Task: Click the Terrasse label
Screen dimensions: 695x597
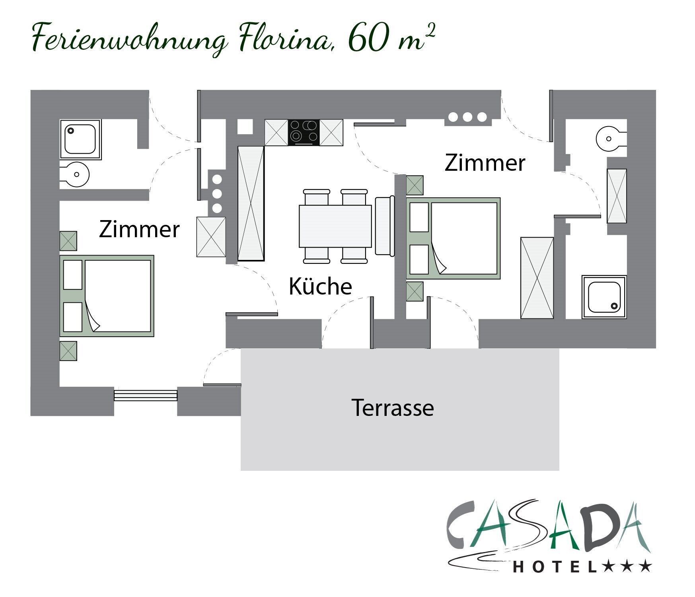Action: point(393,408)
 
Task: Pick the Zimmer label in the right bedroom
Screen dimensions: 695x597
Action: point(485,163)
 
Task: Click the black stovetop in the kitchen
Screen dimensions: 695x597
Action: point(304,133)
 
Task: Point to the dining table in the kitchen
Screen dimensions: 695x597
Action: point(335,226)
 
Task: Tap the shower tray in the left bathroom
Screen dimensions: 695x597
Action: point(81,139)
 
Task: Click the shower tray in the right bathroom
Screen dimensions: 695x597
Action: point(604,297)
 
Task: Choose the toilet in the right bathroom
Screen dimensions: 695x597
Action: point(611,139)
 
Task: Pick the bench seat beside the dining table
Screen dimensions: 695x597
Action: point(384,226)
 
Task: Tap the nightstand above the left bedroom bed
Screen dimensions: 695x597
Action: point(68,241)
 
